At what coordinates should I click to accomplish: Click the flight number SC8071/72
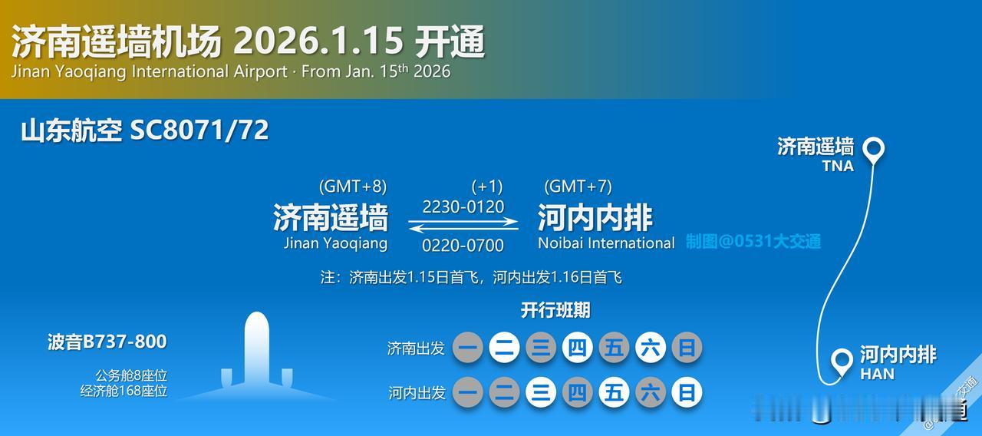click(x=199, y=130)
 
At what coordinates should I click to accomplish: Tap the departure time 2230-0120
click(x=463, y=206)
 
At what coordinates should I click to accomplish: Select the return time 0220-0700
click(x=463, y=246)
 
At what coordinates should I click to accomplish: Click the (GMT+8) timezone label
click(x=353, y=187)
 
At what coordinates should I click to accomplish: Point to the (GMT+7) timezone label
click(x=578, y=187)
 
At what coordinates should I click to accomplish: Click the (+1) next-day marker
click(x=486, y=187)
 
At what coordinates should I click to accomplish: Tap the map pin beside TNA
click(x=873, y=149)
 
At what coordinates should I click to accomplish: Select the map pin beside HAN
click(x=842, y=361)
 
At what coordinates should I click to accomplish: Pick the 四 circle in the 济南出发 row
click(x=577, y=348)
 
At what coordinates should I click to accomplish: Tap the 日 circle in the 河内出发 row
click(x=687, y=393)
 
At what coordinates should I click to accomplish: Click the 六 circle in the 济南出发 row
click(x=650, y=348)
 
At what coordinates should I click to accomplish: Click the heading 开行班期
click(x=555, y=310)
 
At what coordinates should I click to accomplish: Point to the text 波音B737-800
click(x=107, y=342)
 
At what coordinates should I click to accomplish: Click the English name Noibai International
click(x=606, y=243)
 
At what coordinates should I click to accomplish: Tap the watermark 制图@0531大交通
click(x=753, y=242)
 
